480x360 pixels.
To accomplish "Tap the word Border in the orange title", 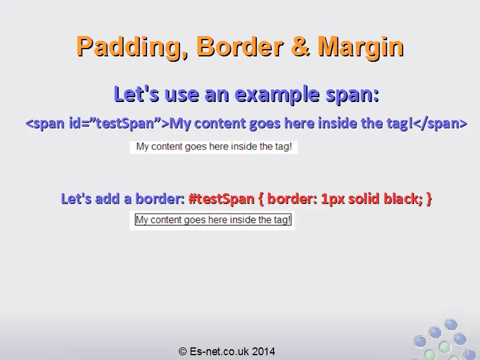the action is [x=239, y=46].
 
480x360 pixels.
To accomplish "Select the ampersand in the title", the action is [x=301, y=46].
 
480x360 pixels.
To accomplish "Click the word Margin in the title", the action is [x=361, y=47].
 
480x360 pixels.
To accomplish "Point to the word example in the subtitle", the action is [x=277, y=94].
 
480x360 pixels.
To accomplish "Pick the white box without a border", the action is [x=214, y=147].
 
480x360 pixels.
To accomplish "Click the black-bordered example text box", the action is [x=213, y=220].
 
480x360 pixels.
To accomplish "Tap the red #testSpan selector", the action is [x=221, y=199].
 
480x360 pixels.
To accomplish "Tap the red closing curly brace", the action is [x=429, y=199].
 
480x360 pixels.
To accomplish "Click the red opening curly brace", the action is [x=261, y=199].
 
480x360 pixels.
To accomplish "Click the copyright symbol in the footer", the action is [x=182, y=351].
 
